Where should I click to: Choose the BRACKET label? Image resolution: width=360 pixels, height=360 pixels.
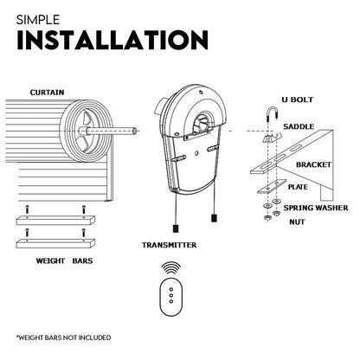point(315,162)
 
